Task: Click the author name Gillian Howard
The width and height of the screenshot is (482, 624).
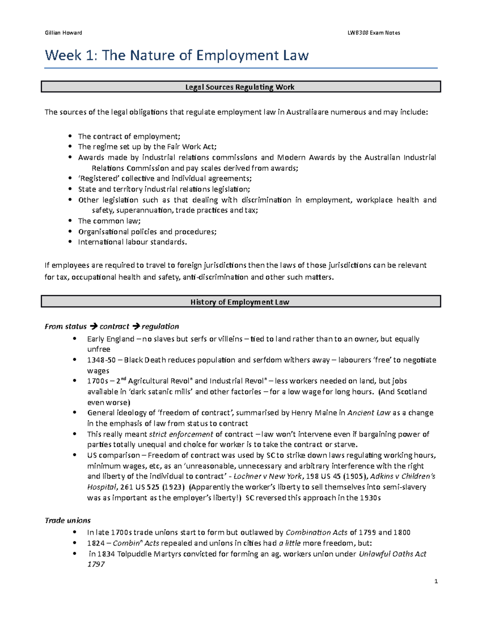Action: pyautogui.click(x=63, y=33)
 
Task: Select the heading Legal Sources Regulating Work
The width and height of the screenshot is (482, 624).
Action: pyautogui.click(x=240, y=87)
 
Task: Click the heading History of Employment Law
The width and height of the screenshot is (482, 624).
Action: pyautogui.click(x=240, y=302)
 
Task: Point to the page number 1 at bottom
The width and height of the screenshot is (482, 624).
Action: pyautogui.click(x=436, y=581)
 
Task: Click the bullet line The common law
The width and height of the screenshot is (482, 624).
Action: pyautogui.click(x=109, y=221)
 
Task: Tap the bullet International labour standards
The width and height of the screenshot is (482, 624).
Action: pyautogui.click(x=132, y=242)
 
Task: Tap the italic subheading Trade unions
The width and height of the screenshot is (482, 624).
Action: pyautogui.click(x=67, y=520)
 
